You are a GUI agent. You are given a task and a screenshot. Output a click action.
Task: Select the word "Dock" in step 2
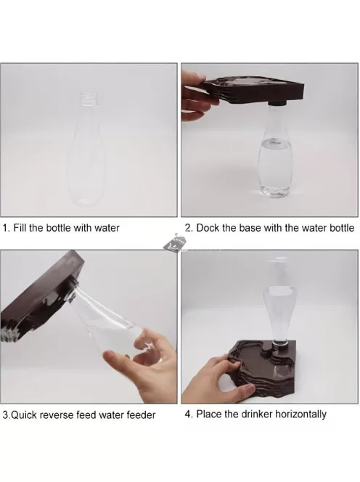tap(206, 228)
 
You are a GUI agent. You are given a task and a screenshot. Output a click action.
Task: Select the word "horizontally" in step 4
tap(300, 414)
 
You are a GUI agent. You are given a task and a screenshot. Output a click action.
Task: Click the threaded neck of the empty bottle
tap(89, 100)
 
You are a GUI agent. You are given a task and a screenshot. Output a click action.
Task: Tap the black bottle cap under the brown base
tap(277, 102)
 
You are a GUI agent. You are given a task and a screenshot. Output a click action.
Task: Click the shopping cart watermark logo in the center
tap(174, 243)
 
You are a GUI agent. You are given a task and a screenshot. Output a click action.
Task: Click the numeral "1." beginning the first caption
tap(7, 228)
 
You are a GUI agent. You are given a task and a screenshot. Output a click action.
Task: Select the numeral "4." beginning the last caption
tap(189, 414)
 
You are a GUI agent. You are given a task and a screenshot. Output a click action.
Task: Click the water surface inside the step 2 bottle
tap(275, 142)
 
